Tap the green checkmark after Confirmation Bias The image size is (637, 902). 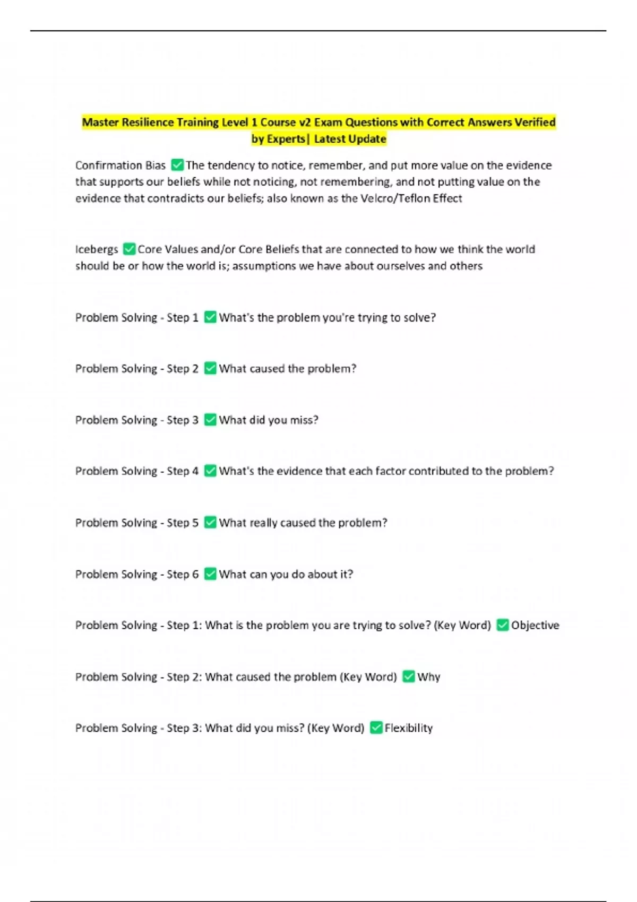point(177,165)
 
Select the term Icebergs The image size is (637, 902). point(97,249)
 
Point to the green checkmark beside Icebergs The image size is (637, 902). point(129,249)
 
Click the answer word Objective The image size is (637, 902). point(535,625)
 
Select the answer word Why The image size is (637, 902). point(429,677)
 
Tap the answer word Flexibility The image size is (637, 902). point(409,728)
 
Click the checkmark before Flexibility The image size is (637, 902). point(376,727)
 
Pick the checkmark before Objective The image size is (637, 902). point(502,625)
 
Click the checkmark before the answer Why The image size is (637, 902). point(408,677)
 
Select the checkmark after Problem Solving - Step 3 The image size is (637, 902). point(210,420)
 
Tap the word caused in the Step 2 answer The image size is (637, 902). point(267,369)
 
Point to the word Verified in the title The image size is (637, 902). point(535,123)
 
